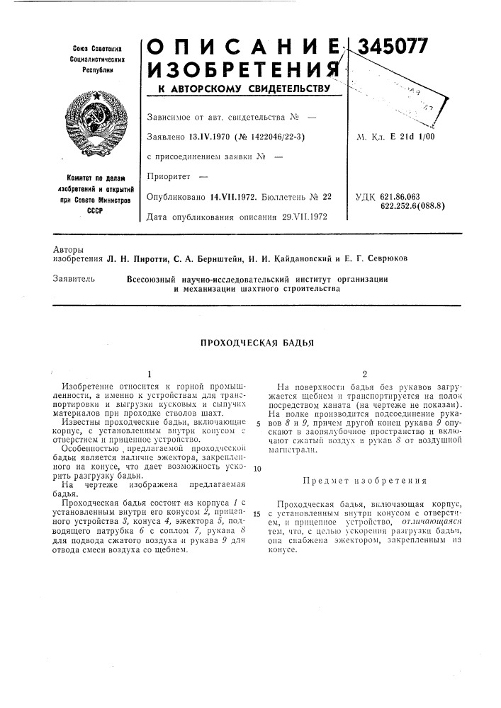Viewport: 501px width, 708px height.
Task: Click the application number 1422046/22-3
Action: coord(272,137)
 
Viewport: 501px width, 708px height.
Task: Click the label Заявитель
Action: coord(74,279)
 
